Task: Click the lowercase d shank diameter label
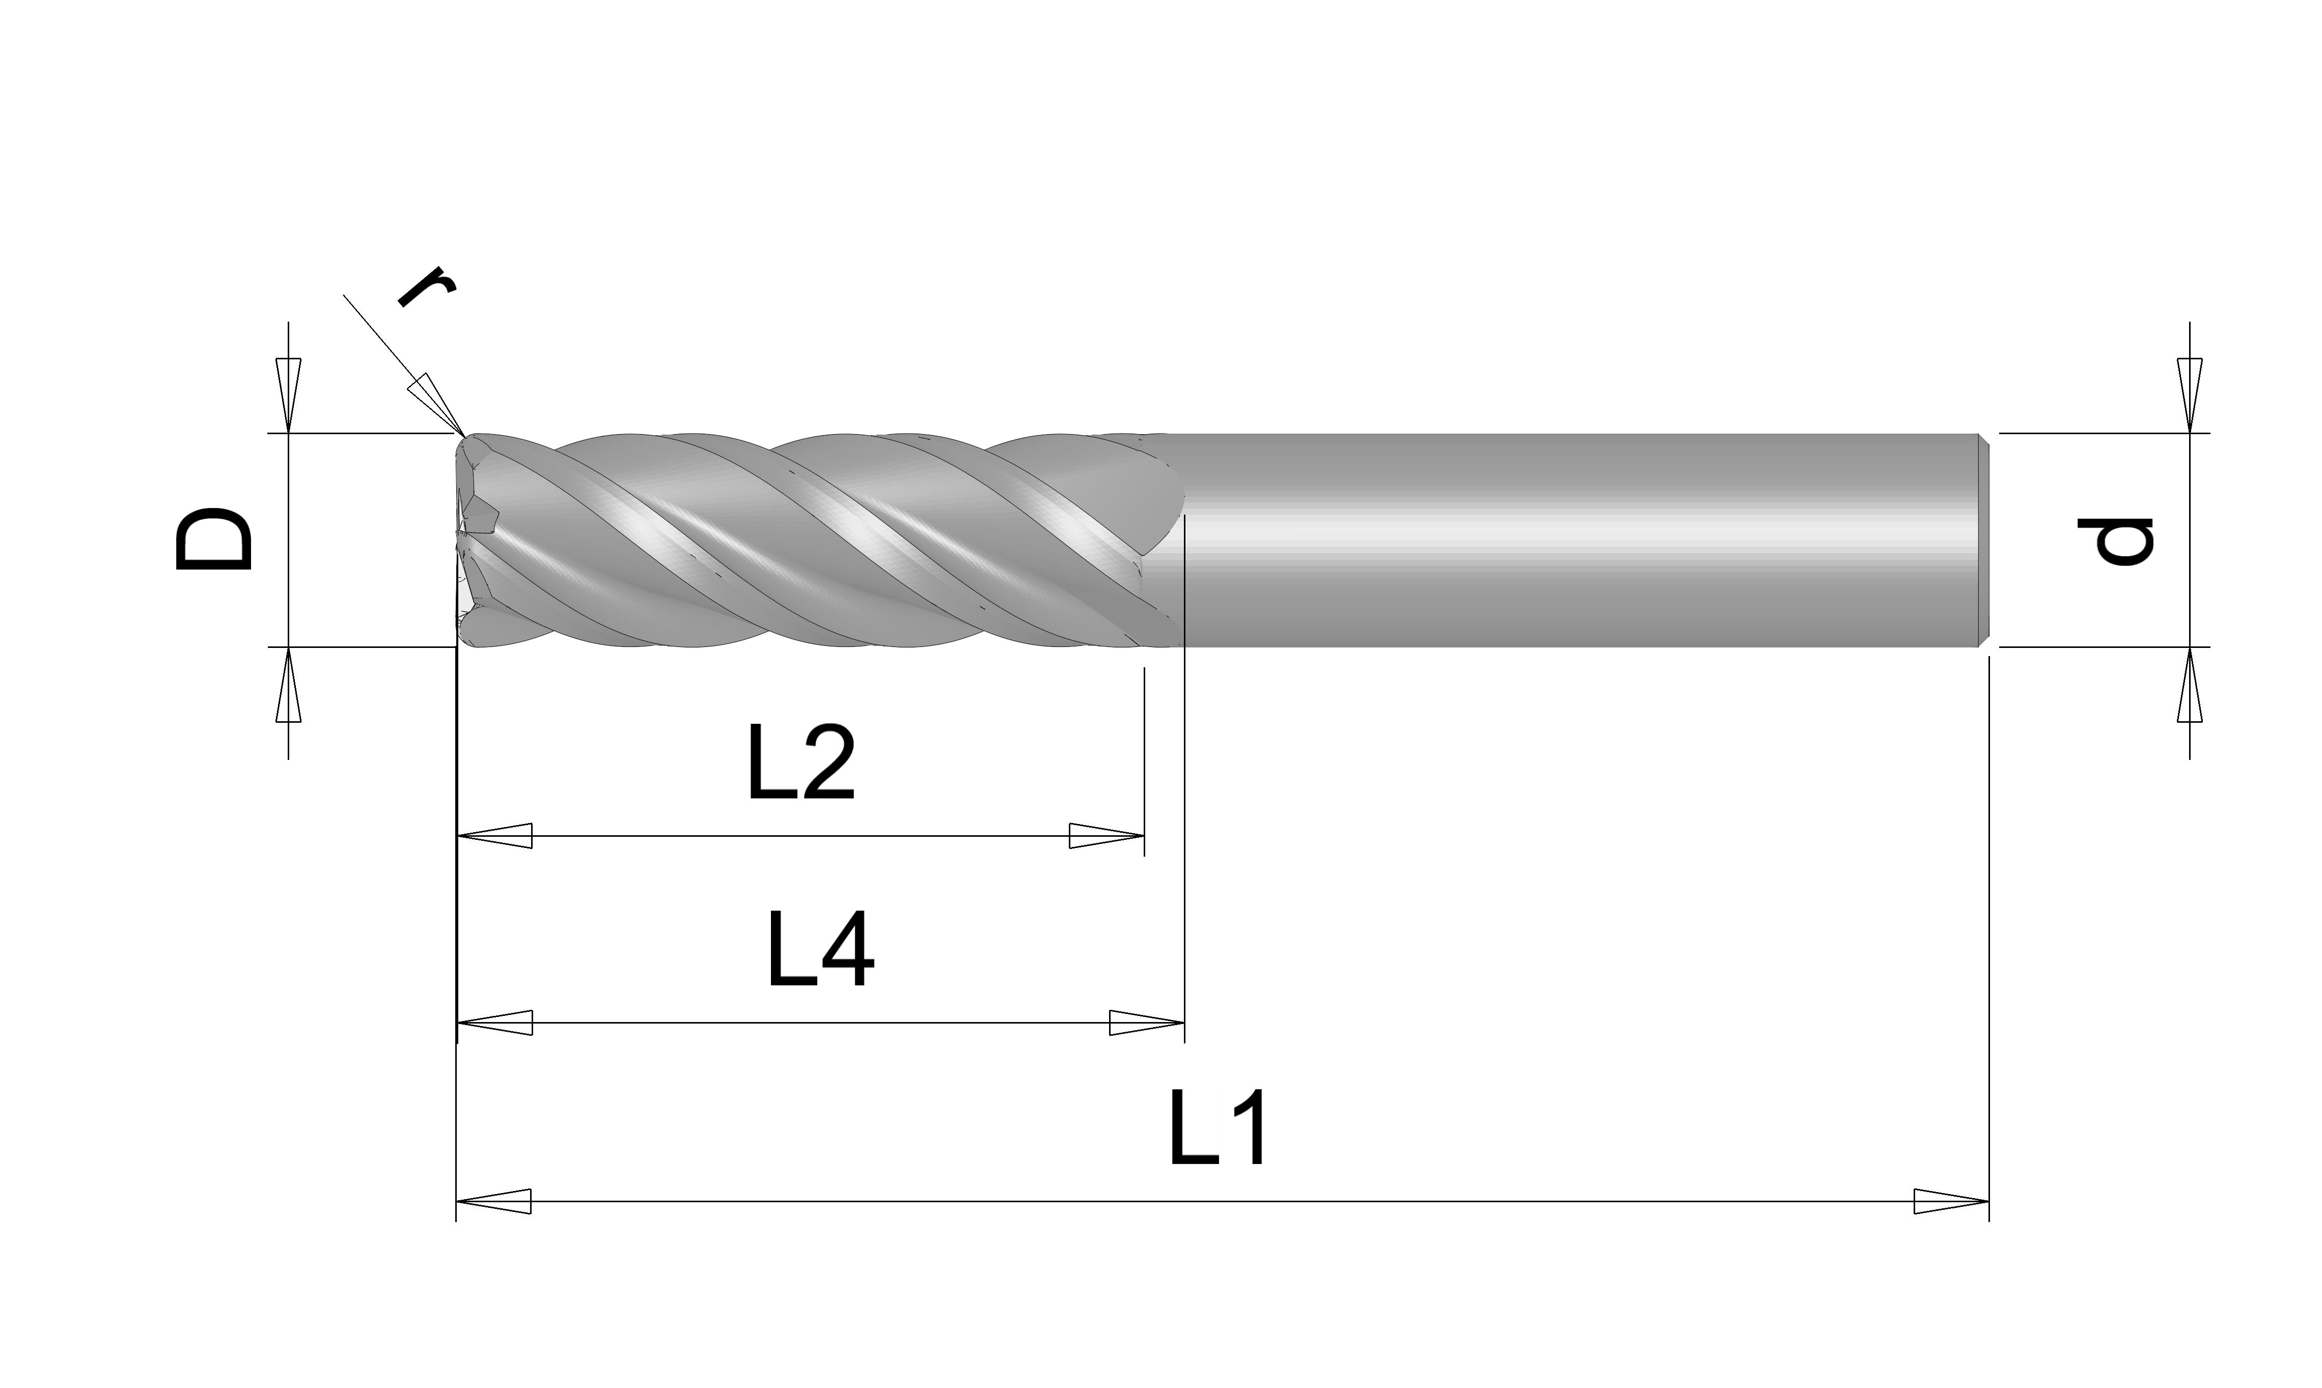tap(2116, 541)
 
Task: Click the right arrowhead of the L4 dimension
tap(1147, 1022)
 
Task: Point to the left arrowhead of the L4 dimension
tap(494, 1022)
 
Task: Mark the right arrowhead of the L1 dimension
tap(1951, 1201)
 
